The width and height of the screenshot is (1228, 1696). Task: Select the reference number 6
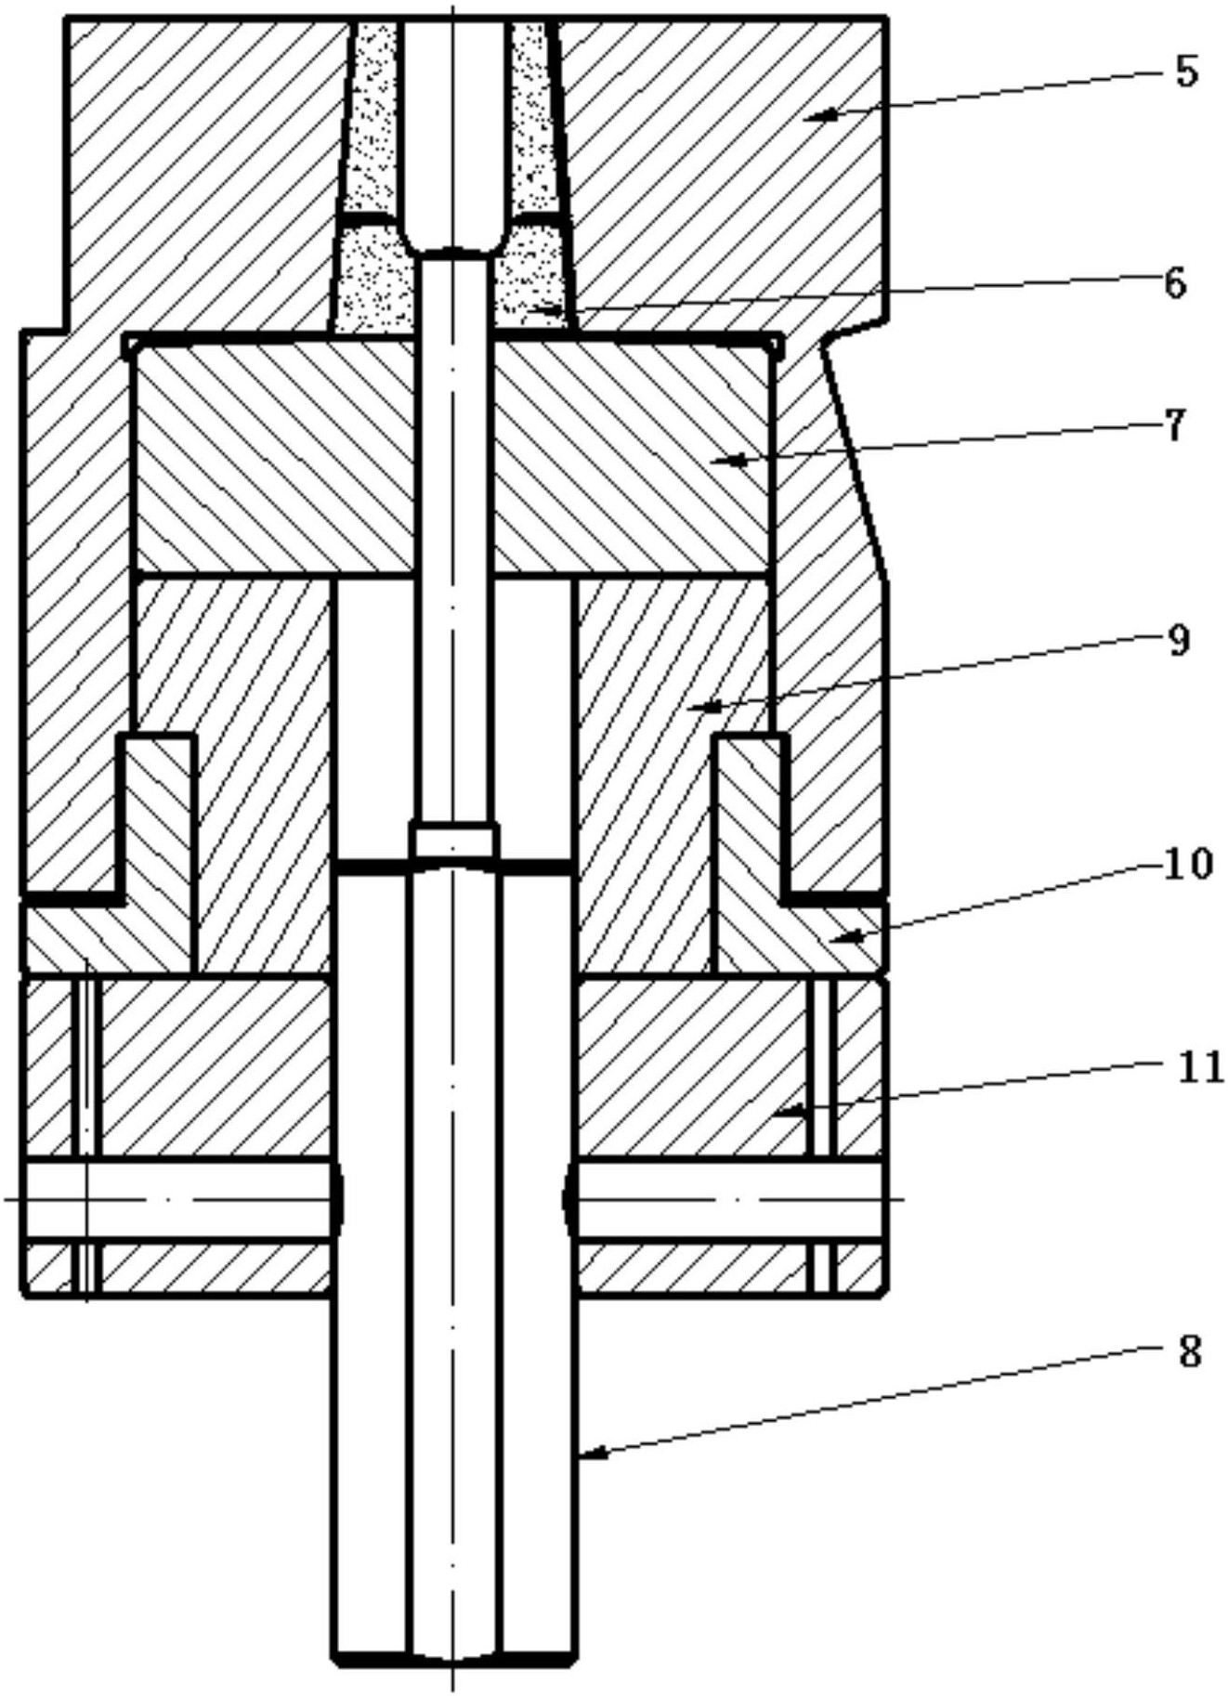(x=1175, y=282)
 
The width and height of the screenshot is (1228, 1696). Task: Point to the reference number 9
(x=1178, y=640)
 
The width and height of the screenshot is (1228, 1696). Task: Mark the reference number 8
(x=1189, y=1353)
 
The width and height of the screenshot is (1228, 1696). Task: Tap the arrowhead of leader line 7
(x=719, y=459)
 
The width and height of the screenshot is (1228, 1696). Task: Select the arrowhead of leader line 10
(x=841, y=939)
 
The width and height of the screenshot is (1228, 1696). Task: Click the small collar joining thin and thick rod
(x=453, y=841)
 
